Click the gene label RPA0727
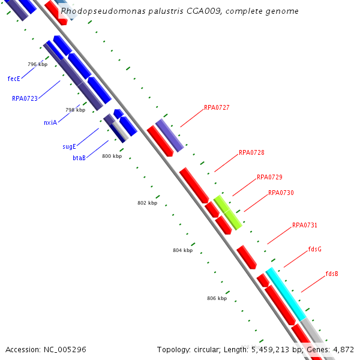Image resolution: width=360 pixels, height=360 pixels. click(217, 108)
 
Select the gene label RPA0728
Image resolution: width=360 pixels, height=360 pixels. click(251, 153)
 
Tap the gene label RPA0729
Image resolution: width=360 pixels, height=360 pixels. click(269, 178)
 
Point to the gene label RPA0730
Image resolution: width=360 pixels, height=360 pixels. click(281, 193)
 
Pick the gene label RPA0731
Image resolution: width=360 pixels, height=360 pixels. click(305, 226)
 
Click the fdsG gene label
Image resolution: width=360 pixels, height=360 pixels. click(315, 249)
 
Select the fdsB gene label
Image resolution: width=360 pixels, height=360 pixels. click(332, 274)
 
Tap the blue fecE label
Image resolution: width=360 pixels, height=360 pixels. click(14, 79)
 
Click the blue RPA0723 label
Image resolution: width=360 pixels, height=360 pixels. click(25, 98)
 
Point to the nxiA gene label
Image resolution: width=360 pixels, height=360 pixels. click(50, 122)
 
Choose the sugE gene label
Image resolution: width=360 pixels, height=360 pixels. click(69, 146)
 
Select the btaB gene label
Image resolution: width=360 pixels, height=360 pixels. click(79, 158)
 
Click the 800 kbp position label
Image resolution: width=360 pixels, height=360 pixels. click(112, 156)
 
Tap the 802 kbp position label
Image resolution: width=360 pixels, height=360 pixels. click(147, 203)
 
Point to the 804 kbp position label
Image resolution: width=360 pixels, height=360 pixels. click(182, 250)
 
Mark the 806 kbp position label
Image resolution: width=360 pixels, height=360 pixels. click(217, 298)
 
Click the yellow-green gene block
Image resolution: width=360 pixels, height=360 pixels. click(229, 212)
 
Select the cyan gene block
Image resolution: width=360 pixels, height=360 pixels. click(286, 294)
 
